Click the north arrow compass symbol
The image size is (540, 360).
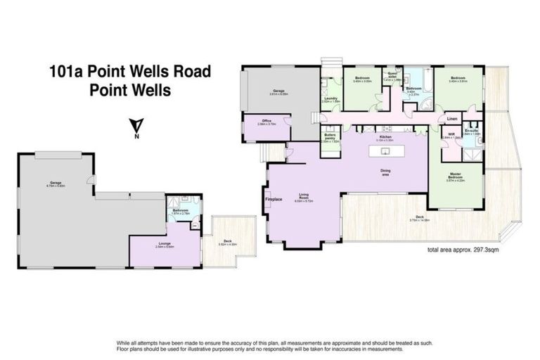pyautogui.click(x=136, y=129)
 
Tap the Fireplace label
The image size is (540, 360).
pyautogui.click(x=274, y=200)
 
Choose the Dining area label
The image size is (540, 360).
pyautogui.click(x=385, y=171)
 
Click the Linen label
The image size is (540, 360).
pyautogui.click(x=452, y=119)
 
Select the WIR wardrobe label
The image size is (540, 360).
pyautogui.click(x=452, y=134)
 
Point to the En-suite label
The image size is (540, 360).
pyautogui.click(x=472, y=131)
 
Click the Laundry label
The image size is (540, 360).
pyautogui.click(x=330, y=98)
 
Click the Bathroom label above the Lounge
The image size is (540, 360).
pyautogui.click(x=181, y=210)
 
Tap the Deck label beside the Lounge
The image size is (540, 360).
pyautogui.click(x=228, y=240)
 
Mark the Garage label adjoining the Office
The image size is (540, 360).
pyautogui.click(x=278, y=91)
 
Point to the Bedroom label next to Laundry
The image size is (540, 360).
pyautogui.click(x=362, y=78)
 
